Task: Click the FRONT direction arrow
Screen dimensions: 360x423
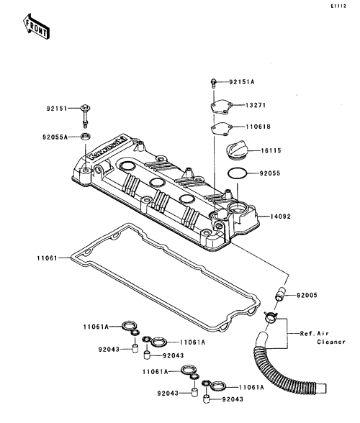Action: click(36, 26)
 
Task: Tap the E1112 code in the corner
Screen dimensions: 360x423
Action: click(338, 6)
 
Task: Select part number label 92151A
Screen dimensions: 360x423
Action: click(242, 82)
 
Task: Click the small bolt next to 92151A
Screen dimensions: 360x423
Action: click(213, 83)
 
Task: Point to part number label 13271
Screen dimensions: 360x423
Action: click(256, 105)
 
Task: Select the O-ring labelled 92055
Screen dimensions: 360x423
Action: click(237, 173)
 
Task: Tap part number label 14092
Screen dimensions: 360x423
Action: click(281, 217)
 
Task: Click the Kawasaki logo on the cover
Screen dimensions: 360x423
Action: click(108, 148)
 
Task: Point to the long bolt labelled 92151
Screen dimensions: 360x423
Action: click(85, 116)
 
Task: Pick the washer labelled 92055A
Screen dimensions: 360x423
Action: click(86, 136)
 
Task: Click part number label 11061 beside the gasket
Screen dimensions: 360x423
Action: click(48, 258)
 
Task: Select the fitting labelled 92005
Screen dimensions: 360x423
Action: click(280, 294)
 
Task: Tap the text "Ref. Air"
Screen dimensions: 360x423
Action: click(315, 334)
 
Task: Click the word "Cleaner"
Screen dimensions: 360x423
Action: click(331, 342)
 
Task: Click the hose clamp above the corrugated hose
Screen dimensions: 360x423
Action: click(270, 317)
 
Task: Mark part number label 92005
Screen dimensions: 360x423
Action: click(307, 295)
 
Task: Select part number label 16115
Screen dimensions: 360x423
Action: click(271, 150)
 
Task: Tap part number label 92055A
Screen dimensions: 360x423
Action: click(55, 137)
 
